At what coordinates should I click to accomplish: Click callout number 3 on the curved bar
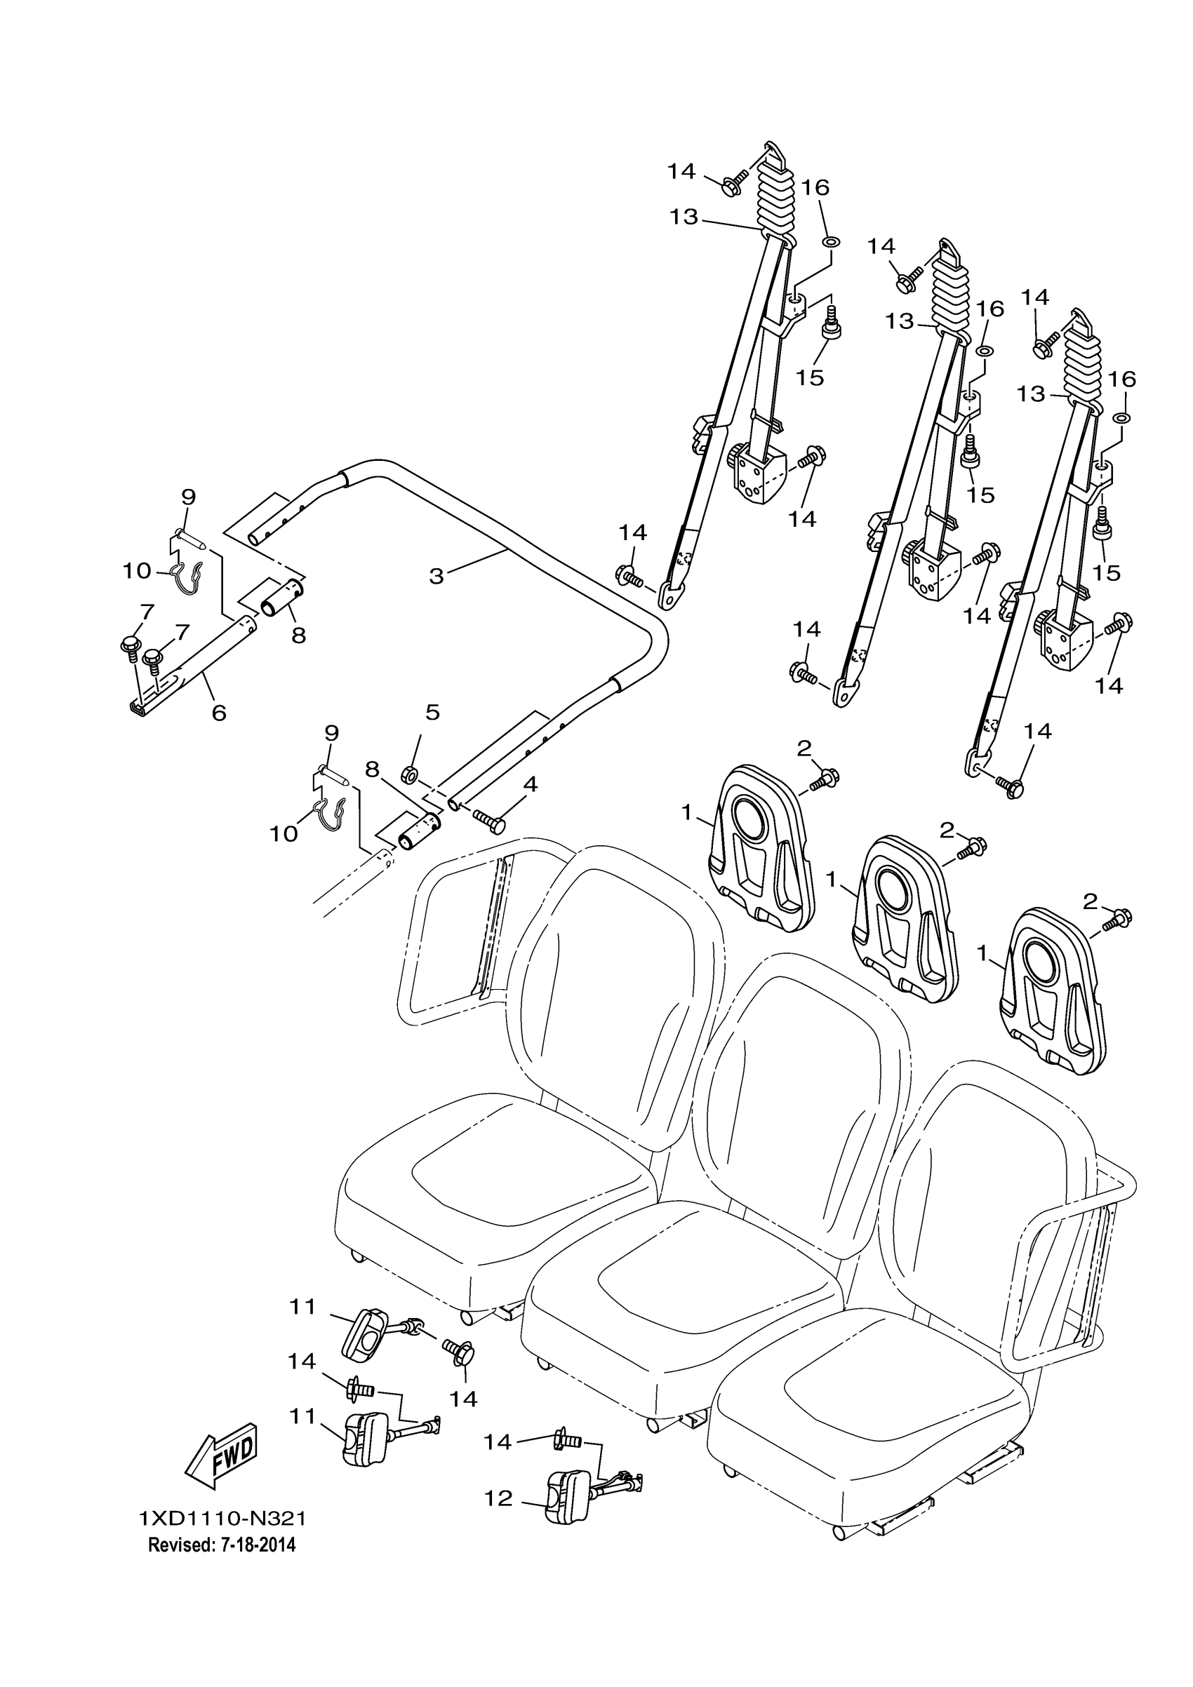click(x=436, y=576)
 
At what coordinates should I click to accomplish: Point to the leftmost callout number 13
click(x=684, y=217)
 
